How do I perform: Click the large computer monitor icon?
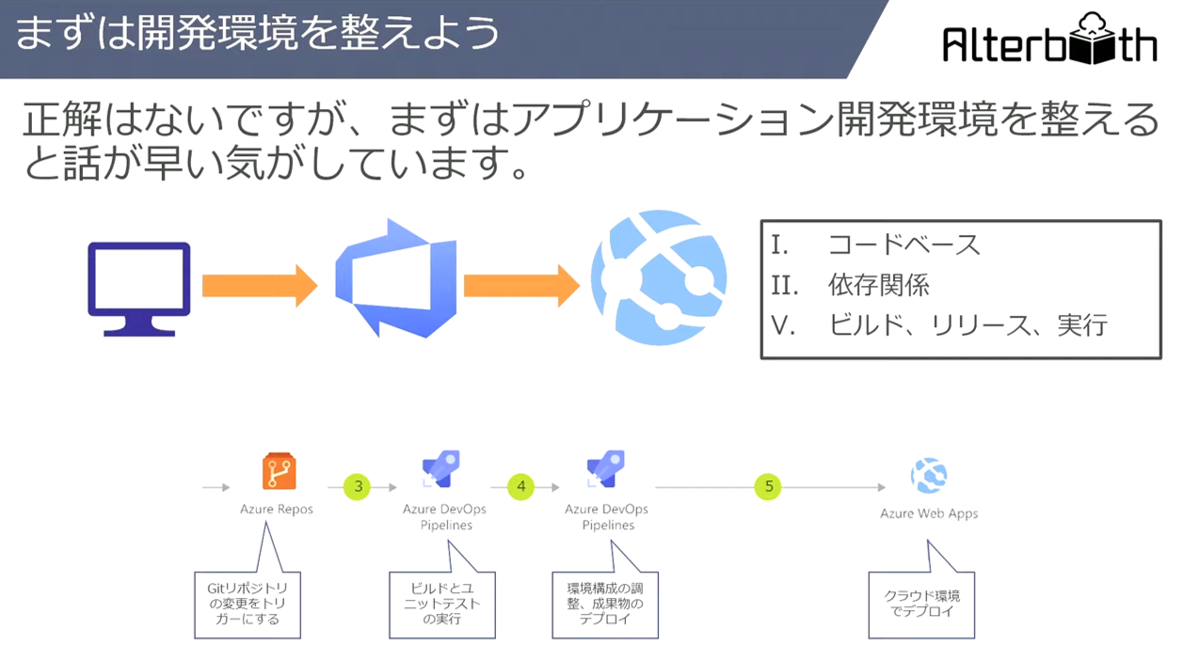[139, 289]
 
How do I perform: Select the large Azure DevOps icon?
[396, 278]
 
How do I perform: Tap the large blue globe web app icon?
[659, 277]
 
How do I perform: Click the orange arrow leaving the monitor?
[260, 286]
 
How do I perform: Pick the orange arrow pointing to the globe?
[521, 286]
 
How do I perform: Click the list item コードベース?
[904, 245]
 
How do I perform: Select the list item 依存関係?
[878, 285]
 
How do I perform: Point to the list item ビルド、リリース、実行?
[968, 324]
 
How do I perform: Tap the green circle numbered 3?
[358, 486]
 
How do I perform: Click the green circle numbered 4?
[520, 486]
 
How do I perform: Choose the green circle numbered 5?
[768, 486]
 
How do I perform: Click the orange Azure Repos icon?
[280, 471]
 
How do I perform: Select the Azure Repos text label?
[277, 509]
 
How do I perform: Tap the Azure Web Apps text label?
[929, 513]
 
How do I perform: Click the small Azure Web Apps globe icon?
[929, 475]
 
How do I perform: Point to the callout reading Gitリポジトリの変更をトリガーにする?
[248, 604]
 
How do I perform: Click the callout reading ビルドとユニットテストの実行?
[442, 604]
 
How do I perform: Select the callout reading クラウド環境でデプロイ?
[921, 604]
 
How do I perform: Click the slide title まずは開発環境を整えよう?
[258, 33]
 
